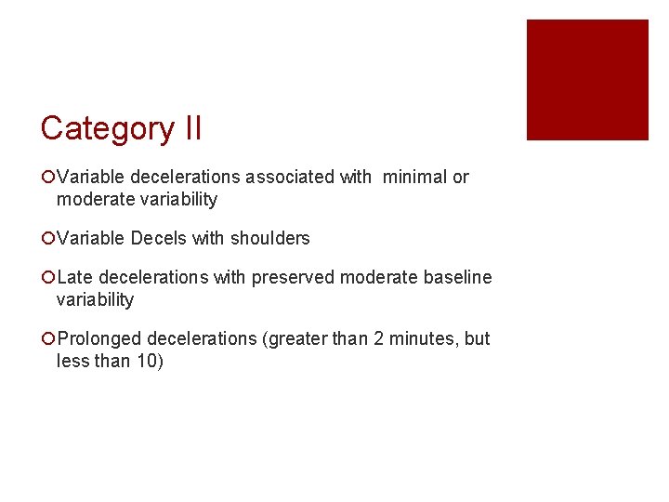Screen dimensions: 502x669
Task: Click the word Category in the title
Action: (101, 128)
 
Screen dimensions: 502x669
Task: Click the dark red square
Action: (587, 80)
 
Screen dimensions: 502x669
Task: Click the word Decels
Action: (159, 238)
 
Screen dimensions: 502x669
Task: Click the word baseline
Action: (458, 277)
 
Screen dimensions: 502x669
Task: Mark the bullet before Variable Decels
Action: (47, 238)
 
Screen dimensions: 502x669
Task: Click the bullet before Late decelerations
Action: (47, 277)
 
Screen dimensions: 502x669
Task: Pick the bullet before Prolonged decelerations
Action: (47, 338)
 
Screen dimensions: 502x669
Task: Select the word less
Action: (71, 361)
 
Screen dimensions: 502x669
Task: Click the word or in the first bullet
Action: (461, 177)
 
